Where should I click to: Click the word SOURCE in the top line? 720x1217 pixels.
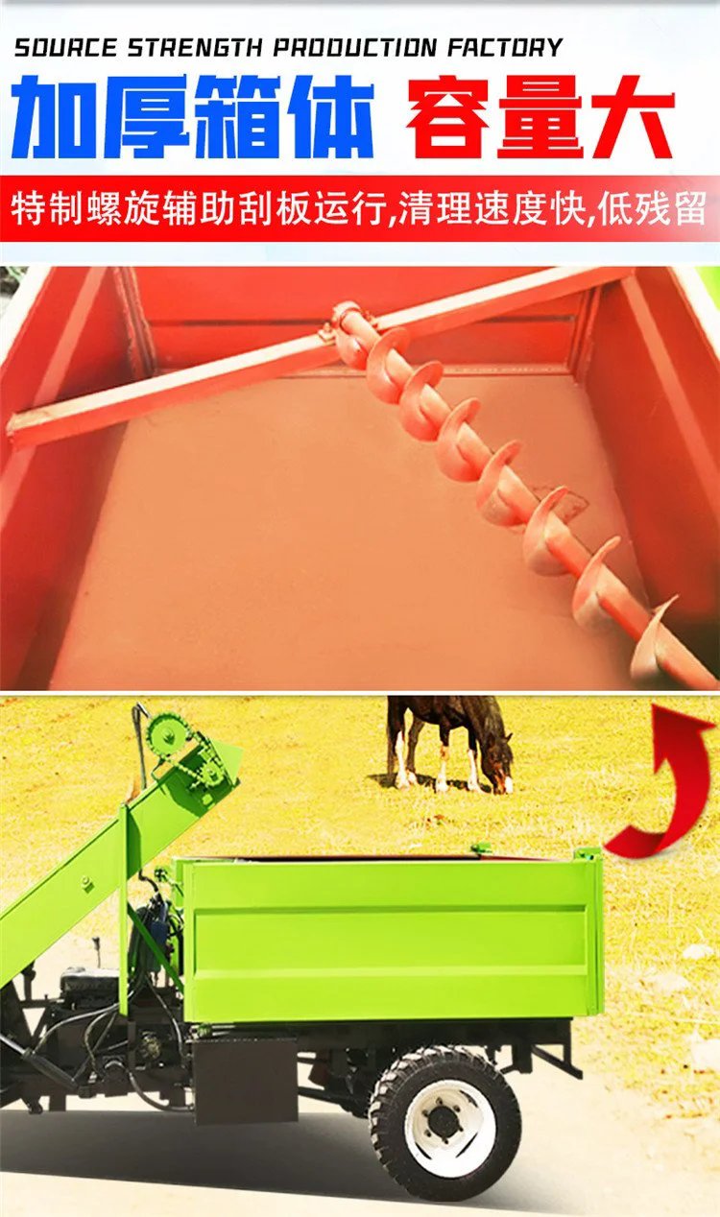65,48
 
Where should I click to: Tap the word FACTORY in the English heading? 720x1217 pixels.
505,48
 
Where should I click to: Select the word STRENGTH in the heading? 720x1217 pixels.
195,48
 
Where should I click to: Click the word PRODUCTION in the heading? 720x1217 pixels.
355,48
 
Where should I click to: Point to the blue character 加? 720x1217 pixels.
54,117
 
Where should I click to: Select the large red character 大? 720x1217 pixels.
632,116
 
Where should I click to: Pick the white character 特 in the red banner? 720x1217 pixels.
27,208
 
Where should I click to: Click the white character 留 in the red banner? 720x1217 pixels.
690,208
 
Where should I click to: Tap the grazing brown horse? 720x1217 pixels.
449,745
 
